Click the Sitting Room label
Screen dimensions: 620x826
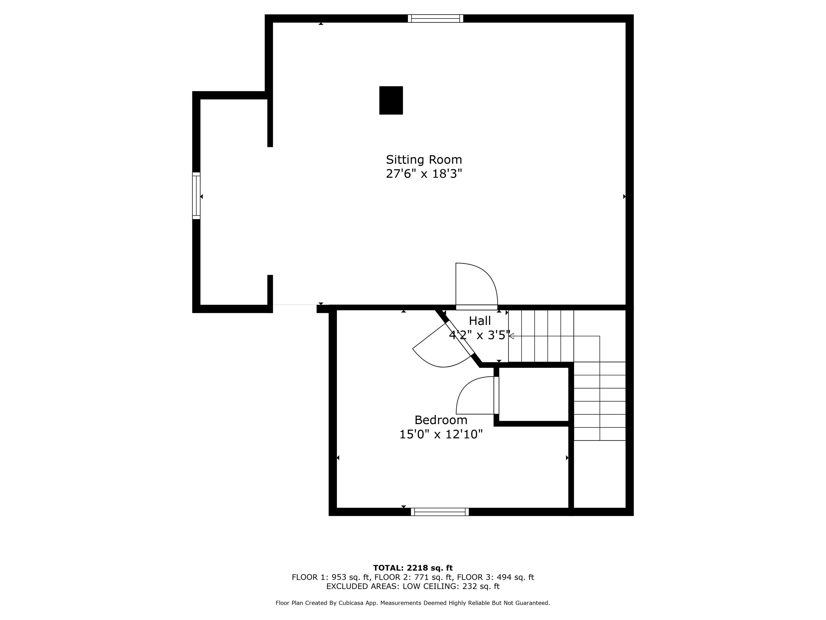424,160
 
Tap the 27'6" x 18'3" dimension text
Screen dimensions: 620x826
424,174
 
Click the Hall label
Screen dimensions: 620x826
480,321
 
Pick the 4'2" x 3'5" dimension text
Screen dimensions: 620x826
479,335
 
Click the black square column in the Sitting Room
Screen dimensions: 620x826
391,100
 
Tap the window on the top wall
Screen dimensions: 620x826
435,18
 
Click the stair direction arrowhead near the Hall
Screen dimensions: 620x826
511,336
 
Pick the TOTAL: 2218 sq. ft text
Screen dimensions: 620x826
413,568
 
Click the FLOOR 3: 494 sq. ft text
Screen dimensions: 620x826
496,577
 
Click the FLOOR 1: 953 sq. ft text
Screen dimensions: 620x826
330,577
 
